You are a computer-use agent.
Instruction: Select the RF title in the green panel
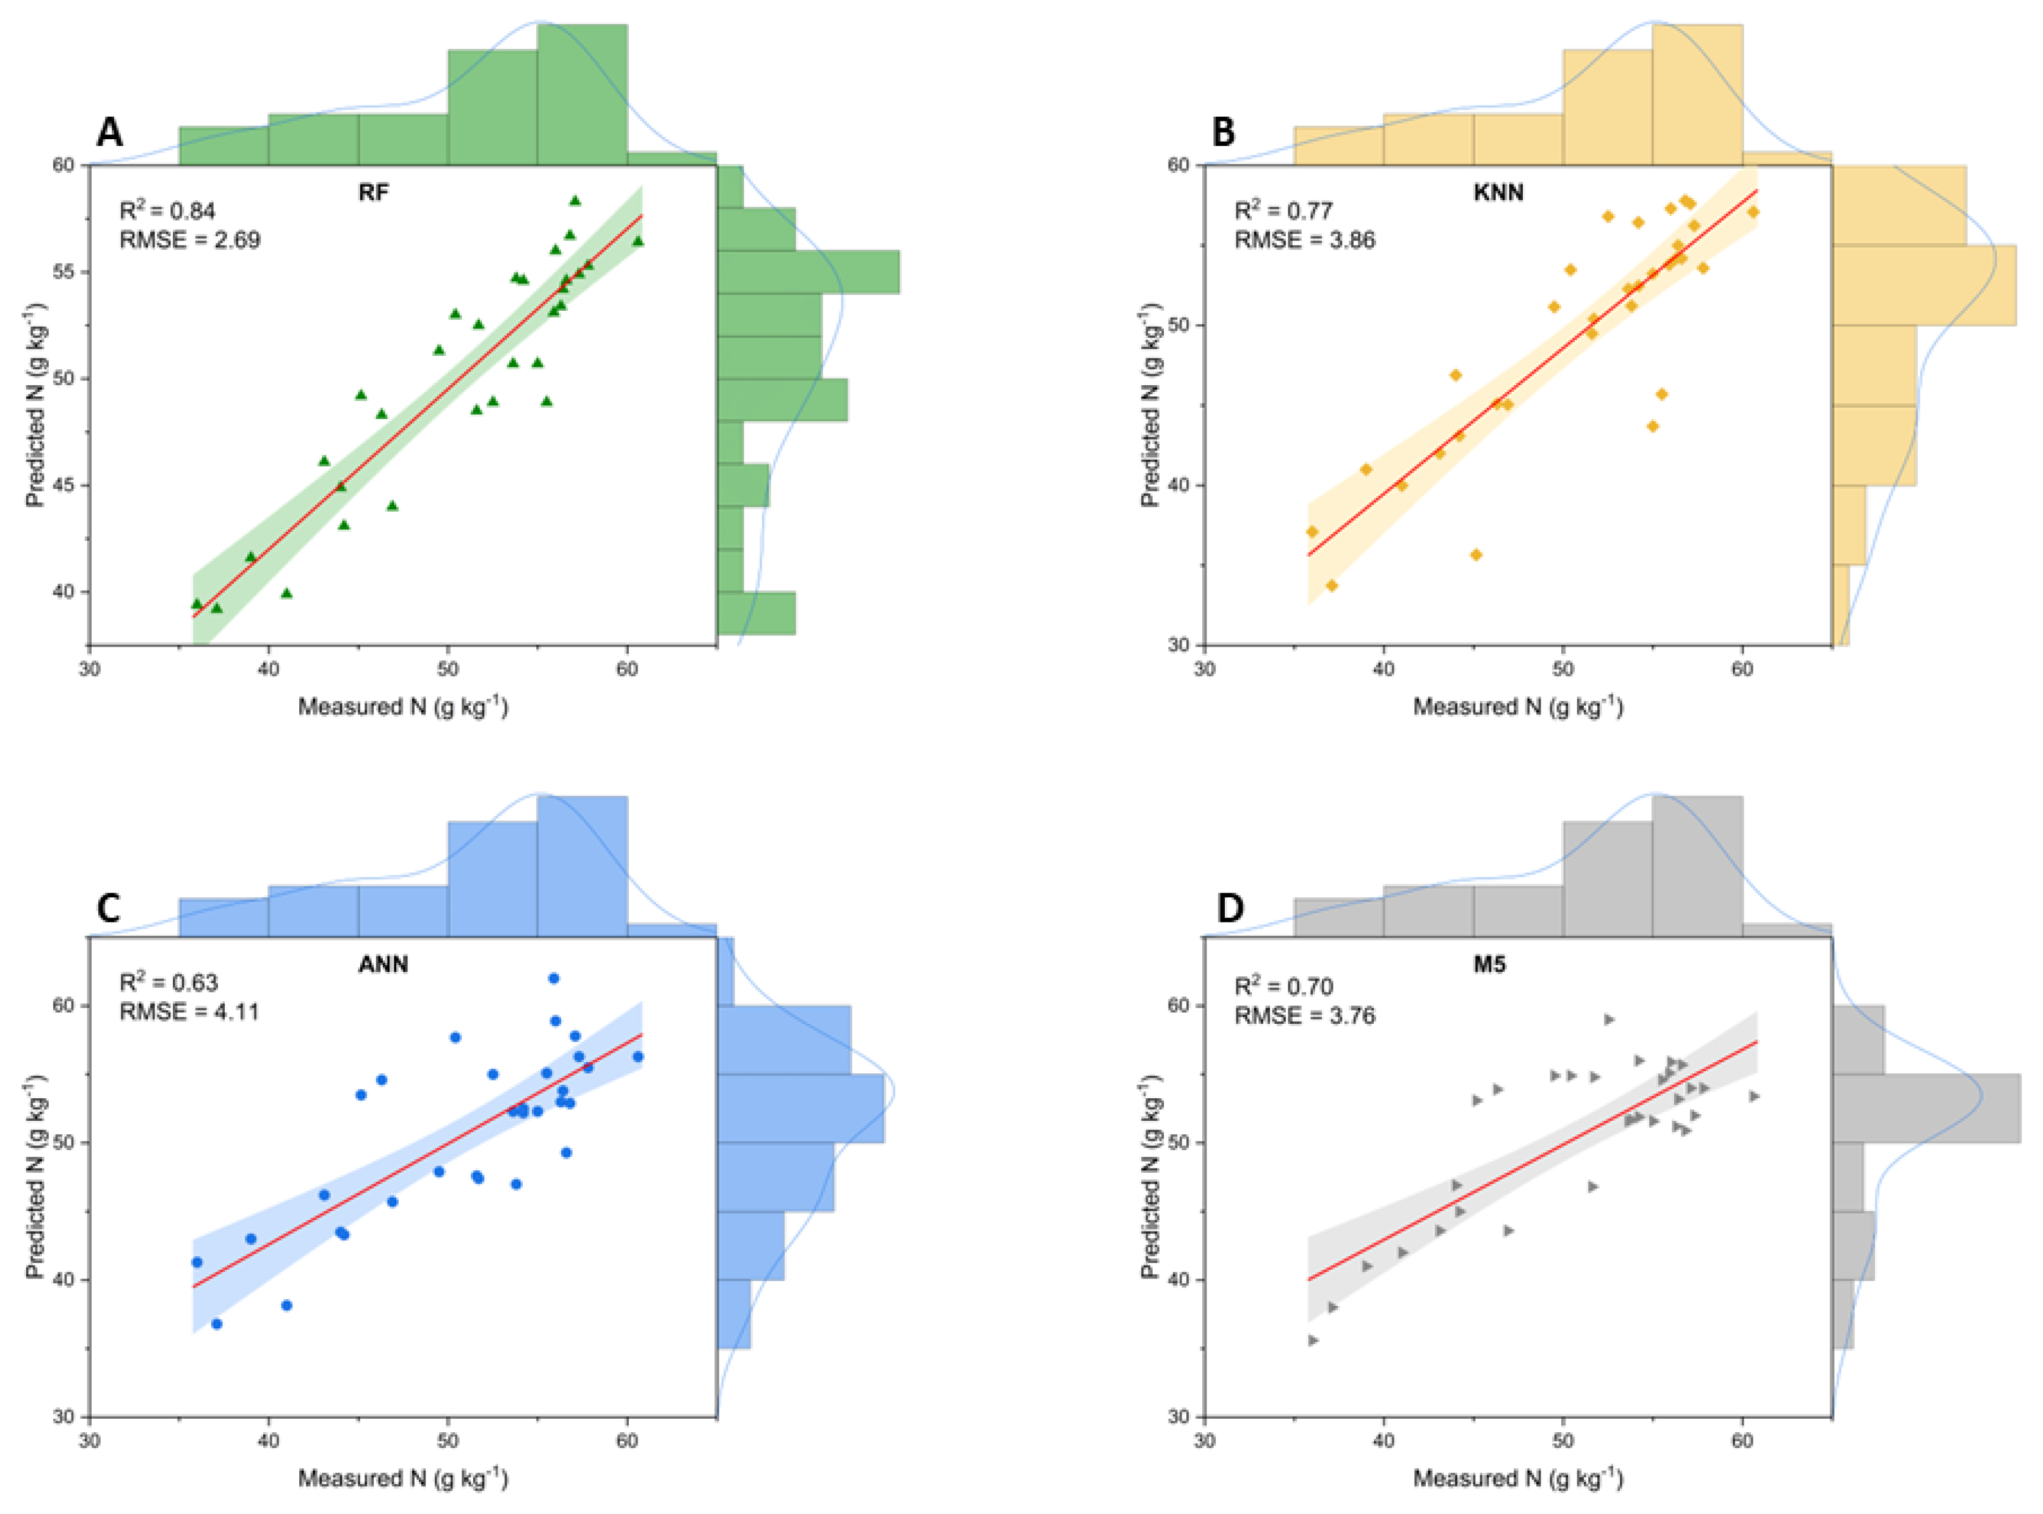tap(373, 192)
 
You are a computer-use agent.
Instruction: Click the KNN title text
tap(1498, 192)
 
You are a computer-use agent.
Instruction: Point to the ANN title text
tap(382, 964)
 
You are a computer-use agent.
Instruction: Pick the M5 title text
tap(1489, 964)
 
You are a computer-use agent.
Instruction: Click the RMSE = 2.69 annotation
tap(190, 240)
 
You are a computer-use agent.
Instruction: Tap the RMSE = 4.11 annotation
tap(190, 1012)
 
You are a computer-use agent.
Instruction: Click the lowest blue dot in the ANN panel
tap(216, 1324)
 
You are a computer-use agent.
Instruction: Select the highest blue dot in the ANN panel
tap(554, 978)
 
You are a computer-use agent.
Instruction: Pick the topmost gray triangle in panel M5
tap(1608, 1019)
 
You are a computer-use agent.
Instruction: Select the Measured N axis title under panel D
tap(1518, 1477)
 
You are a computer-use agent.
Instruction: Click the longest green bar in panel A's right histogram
tap(807, 272)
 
